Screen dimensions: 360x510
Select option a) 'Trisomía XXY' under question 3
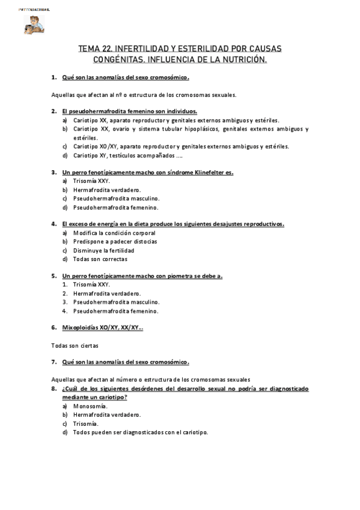coord(91,181)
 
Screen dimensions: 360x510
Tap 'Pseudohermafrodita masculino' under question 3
coord(116,198)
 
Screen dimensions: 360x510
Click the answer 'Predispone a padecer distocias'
coord(115,242)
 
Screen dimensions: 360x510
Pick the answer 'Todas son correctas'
coord(100,259)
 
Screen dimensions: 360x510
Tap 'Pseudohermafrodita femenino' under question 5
coord(115,311)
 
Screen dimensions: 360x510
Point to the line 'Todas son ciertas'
coord(75,346)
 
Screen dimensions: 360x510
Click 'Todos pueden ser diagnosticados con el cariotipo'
coord(141,432)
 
